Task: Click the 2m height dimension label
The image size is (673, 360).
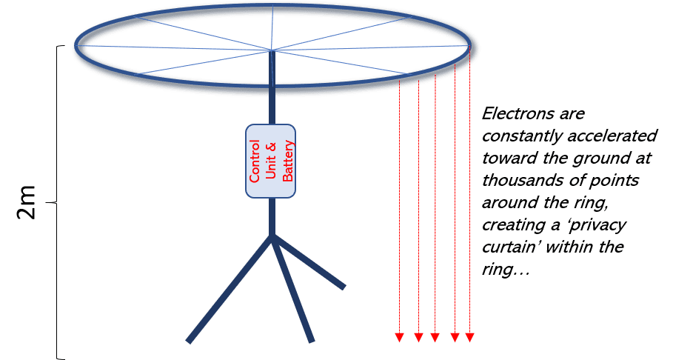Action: pos(27,202)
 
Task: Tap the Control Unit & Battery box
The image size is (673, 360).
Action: pos(270,161)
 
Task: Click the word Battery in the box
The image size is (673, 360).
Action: pos(287,161)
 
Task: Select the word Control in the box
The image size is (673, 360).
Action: pos(255,161)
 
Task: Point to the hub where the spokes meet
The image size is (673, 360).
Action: pos(271,50)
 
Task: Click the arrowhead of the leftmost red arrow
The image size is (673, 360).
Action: pos(400,337)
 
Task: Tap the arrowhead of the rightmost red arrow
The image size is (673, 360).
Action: pos(469,337)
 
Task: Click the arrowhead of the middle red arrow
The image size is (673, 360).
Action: pos(435,337)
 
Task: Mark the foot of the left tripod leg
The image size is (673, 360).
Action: pos(188,341)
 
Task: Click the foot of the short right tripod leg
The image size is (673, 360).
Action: pos(343,287)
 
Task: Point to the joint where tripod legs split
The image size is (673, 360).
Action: pos(271,236)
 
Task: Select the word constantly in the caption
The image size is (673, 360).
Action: pos(523,136)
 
